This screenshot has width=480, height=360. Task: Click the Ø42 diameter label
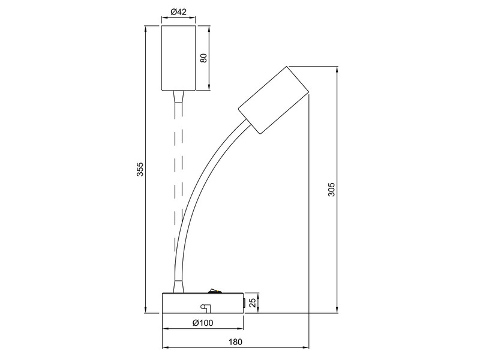178,11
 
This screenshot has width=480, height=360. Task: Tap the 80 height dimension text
203,58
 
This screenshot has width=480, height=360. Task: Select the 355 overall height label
139,170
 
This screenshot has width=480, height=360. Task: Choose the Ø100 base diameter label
203,323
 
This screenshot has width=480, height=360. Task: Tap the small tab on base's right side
245,303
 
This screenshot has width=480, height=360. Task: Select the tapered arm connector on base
177,286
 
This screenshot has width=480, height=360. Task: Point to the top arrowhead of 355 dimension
146,28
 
